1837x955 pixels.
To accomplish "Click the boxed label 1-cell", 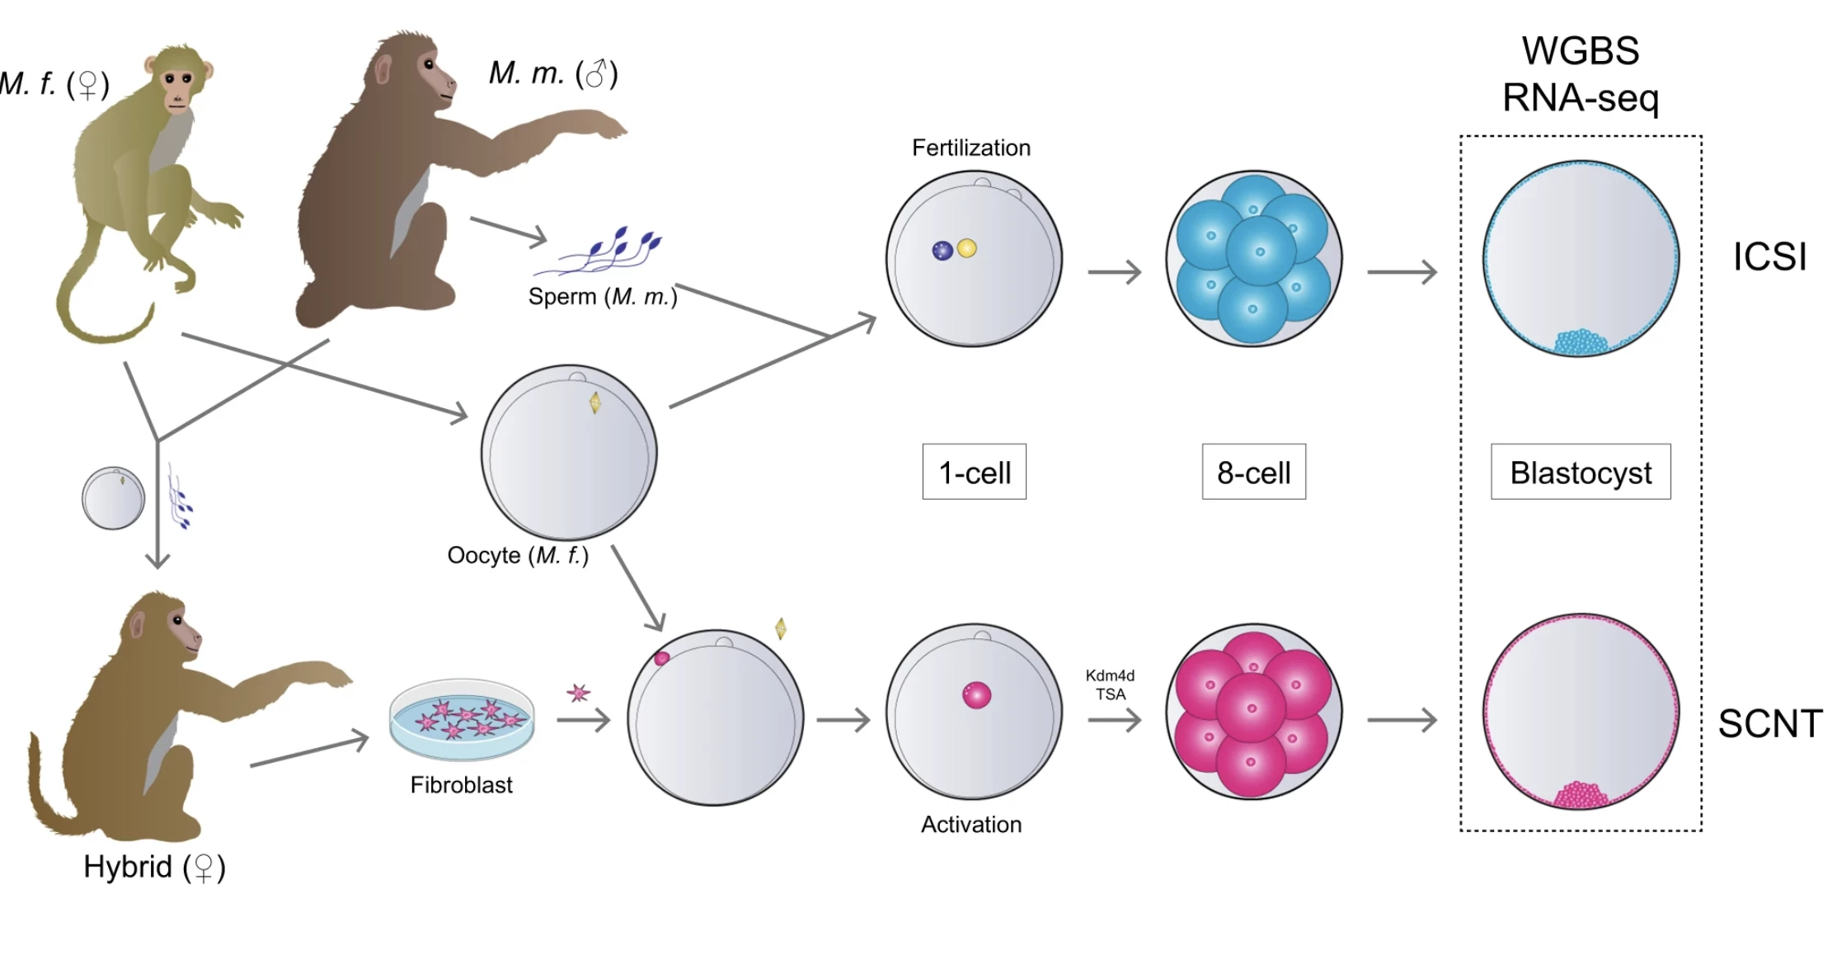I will (x=974, y=472).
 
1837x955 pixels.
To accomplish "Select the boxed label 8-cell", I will (x=1253, y=472).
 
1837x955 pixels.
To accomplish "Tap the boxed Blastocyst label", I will (x=1581, y=472).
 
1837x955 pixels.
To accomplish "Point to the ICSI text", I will (x=1769, y=257).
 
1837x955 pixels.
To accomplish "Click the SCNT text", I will (x=1769, y=724).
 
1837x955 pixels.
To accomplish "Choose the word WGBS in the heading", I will (x=1580, y=51).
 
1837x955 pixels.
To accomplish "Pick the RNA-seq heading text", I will (x=1580, y=98).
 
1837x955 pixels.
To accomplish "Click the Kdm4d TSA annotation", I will (x=1110, y=684).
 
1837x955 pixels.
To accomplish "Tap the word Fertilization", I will (x=971, y=148).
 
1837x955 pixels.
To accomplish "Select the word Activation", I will (x=971, y=824).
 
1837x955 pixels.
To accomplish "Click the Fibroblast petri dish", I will (x=462, y=719).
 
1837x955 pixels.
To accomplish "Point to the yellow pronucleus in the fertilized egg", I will (x=967, y=248).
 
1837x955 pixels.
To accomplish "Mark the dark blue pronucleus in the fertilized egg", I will (x=942, y=251).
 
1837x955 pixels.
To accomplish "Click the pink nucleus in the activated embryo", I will (x=977, y=695).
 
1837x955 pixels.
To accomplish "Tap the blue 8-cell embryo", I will (x=1253, y=259).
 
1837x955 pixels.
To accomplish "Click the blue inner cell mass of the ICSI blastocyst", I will (x=1580, y=341).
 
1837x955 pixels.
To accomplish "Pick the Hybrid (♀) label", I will (x=154, y=867).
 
